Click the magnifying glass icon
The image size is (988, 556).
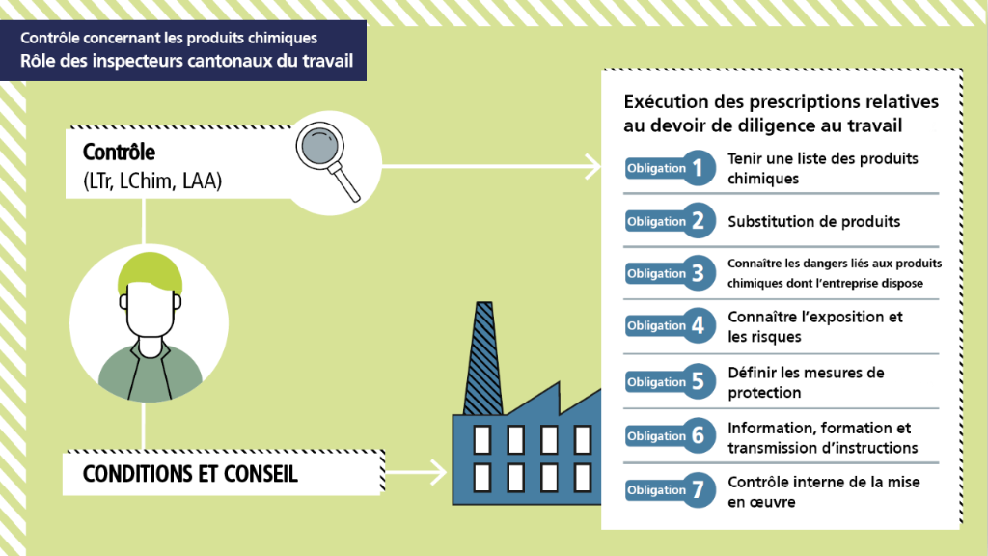(323, 152)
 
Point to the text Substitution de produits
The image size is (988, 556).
(813, 221)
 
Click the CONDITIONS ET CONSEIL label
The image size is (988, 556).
(190, 475)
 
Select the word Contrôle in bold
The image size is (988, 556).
(119, 153)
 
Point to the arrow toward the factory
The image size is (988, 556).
(415, 473)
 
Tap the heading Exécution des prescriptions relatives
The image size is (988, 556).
(781, 102)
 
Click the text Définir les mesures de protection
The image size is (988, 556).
(806, 382)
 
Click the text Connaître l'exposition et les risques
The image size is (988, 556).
(814, 327)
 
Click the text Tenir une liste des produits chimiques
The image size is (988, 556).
(822, 168)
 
